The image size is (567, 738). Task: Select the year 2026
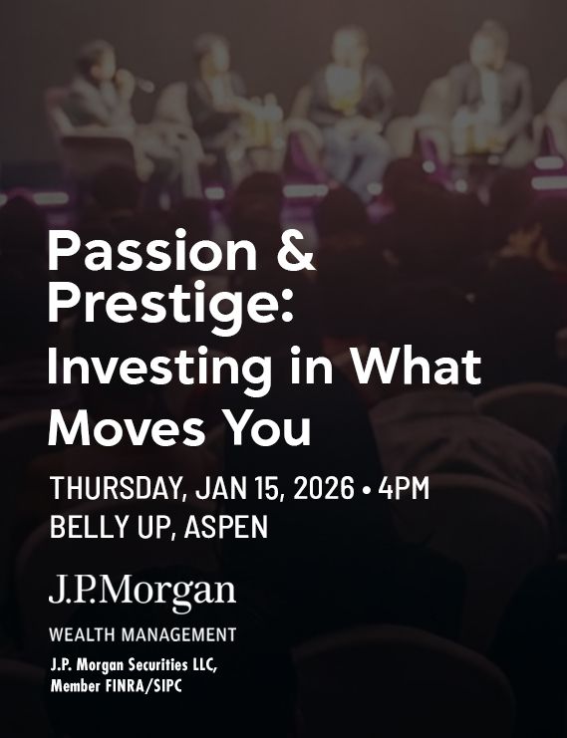click(x=322, y=489)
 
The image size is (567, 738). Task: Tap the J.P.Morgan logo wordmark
click(x=142, y=593)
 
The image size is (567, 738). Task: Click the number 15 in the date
click(x=261, y=489)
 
